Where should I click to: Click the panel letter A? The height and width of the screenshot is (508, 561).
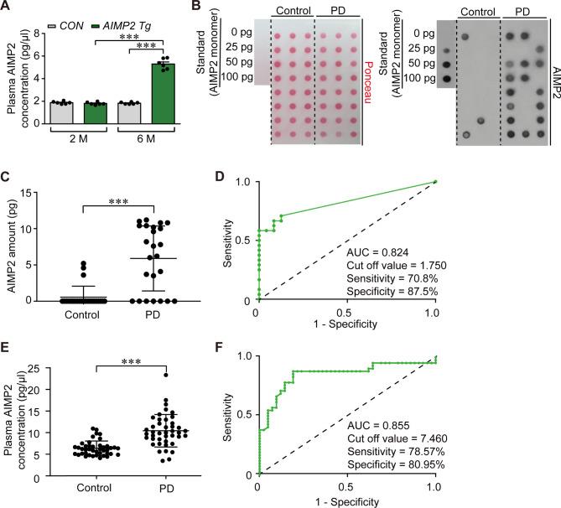tap(7, 7)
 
